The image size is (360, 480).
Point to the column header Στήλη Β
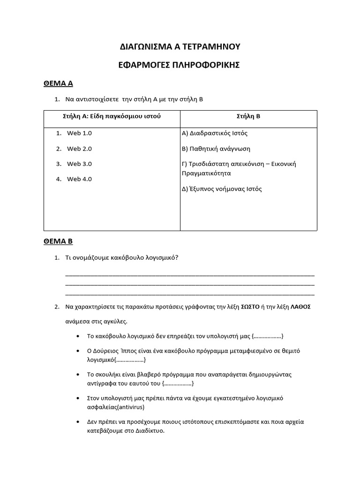click(x=248, y=116)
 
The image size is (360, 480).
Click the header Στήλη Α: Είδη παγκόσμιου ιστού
click(x=112, y=116)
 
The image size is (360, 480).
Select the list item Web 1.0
click(x=79, y=133)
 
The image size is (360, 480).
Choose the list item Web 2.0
click(x=79, y=149)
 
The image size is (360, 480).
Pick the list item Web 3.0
click(x=79, y=164)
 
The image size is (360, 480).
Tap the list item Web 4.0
click(x=79, y=179)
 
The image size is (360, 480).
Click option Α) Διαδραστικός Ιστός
click(x=214, y=133)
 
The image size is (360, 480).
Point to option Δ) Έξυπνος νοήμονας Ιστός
click(x=221, y=189)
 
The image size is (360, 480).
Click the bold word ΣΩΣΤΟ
click(x=250, y=307)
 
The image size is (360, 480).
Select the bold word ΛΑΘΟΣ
click(x=300, y=307)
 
